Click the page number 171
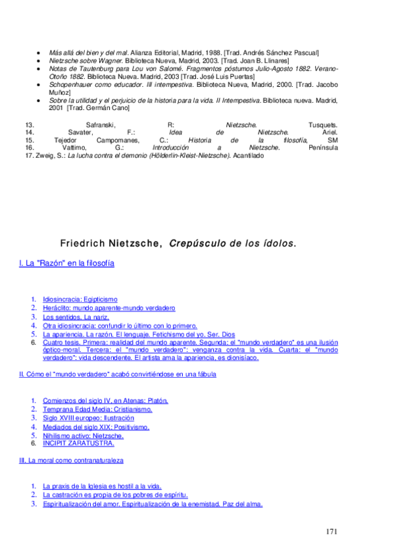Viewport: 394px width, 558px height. [333, 530]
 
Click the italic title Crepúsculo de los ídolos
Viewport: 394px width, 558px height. [232, 243]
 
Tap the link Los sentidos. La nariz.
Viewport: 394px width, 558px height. [72, 317]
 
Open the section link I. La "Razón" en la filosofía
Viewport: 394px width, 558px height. [67, 264]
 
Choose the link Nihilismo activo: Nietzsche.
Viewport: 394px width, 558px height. [83, 434]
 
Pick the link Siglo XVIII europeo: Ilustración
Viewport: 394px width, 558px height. [88, 418]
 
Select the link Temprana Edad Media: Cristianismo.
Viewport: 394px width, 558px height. [97, 409]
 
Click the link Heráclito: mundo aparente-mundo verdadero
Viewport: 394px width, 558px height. [109, 308]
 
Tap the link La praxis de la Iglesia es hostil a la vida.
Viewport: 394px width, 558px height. [101, 486]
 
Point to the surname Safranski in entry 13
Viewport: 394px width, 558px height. [101, 124]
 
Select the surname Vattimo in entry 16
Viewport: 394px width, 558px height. [72, 148]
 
